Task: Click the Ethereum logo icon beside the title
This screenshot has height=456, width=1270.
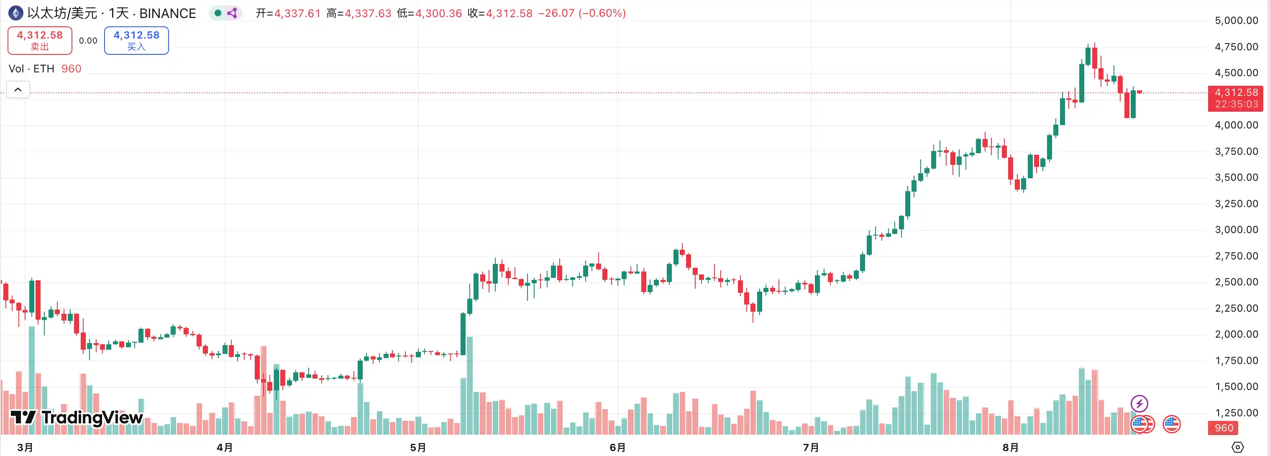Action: pos(15,13)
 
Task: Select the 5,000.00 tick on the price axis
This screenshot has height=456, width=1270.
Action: pos(1236,20)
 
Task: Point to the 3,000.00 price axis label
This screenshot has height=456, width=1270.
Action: pos(1236,230)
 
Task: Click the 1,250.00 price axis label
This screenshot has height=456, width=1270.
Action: pos(1236,412)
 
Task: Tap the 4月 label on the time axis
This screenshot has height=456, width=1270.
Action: pos(225,447)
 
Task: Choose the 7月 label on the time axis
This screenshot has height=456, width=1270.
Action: pos(811,447)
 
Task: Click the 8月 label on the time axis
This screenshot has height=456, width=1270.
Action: pos(1011,447)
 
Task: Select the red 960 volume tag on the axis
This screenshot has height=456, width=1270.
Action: pos(1224,428)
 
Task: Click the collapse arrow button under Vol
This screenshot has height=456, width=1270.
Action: pos(18,90)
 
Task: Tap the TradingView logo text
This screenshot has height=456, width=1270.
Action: pos(77,418)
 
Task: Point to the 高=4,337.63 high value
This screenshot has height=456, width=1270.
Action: pos(359,13)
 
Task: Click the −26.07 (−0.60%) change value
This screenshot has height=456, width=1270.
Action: pos(582,13)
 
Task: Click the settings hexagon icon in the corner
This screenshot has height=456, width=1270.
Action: pos(1237,447)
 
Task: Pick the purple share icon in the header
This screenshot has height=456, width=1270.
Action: pos(232,13)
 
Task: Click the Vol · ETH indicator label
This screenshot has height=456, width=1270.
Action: pos(31,69)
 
